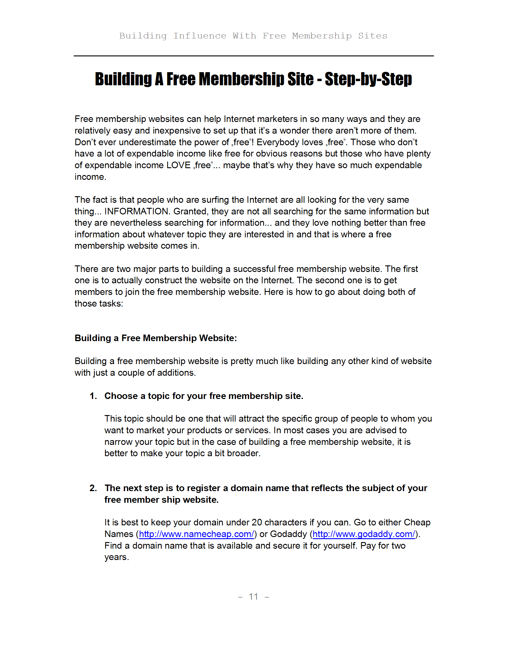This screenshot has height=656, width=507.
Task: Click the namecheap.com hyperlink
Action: point(197,534)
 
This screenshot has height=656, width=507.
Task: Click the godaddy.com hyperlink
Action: point(364,534)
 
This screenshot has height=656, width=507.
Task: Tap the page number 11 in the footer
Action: point(253,597)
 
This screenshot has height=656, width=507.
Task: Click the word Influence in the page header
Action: point(200,36)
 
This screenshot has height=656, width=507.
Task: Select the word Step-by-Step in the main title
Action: point(368,79)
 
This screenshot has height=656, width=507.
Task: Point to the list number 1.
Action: point(93,396)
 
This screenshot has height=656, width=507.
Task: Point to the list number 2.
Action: point(93,488)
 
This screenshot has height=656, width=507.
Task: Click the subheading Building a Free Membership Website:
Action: point(156,338)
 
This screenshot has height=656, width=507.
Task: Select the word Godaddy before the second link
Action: point(288,534)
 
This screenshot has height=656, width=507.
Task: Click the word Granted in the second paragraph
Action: point(191,211)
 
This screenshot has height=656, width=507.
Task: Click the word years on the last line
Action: point(116,557)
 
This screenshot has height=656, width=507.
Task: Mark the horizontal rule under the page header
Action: point(253,56)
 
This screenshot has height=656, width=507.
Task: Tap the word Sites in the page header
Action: point(372,36)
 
